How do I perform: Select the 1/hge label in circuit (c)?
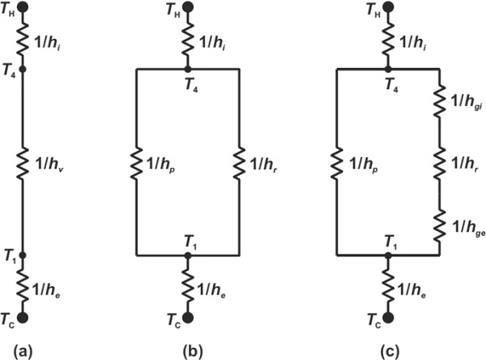[469, 228]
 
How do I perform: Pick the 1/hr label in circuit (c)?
[464, 164]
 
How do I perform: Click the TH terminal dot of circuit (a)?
[23, 7]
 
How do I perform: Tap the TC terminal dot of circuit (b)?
[188, 318]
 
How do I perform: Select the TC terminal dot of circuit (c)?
[388, 318]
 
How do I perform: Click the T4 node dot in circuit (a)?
[23, 69]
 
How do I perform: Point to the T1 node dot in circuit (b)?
[188, 255]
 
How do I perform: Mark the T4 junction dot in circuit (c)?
[388, 69]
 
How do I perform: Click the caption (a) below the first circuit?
[23, 352]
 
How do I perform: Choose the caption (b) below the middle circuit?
[193, 352]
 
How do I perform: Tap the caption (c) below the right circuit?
[390, 352]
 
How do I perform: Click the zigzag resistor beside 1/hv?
[23, 164]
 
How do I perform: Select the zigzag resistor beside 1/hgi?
[440, 102]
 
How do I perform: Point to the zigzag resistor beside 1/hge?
[440, 226]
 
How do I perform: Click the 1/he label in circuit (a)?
[46, 290]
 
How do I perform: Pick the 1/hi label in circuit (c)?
[412, 41]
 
